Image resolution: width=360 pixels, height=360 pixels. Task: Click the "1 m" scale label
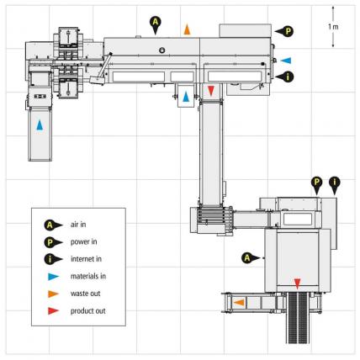[333, 27]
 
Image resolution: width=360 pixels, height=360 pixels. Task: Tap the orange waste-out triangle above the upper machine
[187, 29]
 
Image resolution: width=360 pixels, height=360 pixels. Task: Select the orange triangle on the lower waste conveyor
[239, 302]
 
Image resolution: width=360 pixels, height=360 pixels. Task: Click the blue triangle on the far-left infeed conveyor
[40, 125]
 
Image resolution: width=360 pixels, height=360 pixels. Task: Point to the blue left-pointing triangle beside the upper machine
[286, 61]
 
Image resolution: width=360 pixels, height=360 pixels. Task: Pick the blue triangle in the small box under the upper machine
[186, 97]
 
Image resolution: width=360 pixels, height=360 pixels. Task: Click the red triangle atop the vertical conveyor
[211, 91]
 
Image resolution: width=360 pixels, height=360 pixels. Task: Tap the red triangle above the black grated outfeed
[297, 283]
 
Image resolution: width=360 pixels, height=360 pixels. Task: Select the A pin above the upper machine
[156, 24]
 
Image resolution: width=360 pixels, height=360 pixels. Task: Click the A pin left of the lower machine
[251, 257]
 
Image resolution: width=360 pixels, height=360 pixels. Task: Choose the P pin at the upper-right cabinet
[284, 31]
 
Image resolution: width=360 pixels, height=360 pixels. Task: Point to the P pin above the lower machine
[317, 186]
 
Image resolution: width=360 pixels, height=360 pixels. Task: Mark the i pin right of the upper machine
[284, 77]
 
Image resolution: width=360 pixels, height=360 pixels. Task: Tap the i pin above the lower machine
[335, 186]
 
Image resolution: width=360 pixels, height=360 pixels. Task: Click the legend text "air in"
[78, 225]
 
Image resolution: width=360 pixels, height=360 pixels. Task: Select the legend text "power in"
[83, 242]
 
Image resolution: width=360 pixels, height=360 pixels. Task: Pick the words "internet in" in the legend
[86, 259]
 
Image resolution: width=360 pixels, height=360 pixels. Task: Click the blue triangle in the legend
[53, 277]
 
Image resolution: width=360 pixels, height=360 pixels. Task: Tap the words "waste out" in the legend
[85, 294]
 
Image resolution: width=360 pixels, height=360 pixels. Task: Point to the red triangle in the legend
[53, 311]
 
